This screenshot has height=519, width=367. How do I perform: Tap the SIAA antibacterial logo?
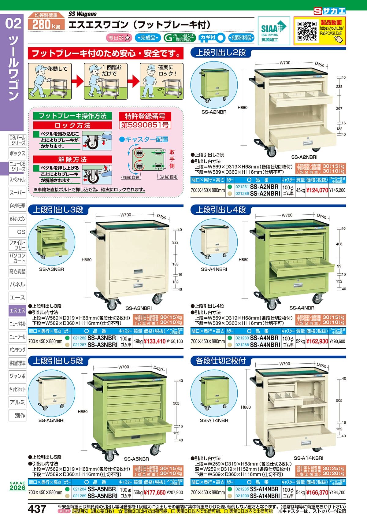[273, 31]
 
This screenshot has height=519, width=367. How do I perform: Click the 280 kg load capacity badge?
[46, 24]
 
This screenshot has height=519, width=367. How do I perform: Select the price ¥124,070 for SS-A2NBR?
[317, 190]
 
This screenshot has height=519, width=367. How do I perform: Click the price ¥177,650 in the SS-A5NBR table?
[154, 493]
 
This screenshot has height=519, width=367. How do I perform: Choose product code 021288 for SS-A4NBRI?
[242, 345]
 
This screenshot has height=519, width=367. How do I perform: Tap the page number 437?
[37, 509]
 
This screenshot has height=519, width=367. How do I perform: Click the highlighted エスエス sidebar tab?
[17, 310]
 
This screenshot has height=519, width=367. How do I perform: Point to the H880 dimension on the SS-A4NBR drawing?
[243, 260]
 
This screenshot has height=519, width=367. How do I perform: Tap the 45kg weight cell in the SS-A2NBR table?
[301, 190]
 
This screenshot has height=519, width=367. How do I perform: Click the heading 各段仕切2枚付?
[220, 361]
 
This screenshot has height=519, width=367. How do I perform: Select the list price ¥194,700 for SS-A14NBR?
[337, 493]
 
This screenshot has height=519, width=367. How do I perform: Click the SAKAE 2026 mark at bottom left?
[17, 486]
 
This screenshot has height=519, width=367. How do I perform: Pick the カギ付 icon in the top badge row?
[211, 38]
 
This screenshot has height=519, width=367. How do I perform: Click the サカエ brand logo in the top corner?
[329, 11]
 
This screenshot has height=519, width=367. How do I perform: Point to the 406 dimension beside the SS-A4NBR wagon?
[339, 244]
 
